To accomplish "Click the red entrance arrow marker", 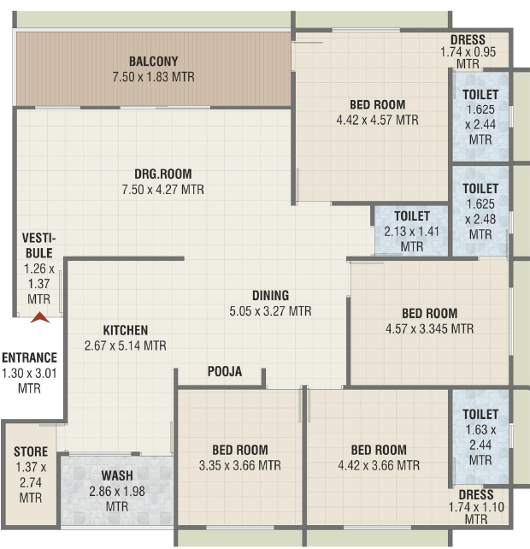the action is point(40,317).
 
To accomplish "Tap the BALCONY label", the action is point(153,62).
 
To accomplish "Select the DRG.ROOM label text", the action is point(163,174).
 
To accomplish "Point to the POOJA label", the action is point(225,371).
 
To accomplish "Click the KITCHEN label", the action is point(126,330).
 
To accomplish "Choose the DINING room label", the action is point(271,296).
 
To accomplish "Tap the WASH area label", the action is point(117,475).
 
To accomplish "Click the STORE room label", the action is point(31,452).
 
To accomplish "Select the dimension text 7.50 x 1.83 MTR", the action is point(153,77).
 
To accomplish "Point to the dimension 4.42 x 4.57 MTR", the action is point(377,120).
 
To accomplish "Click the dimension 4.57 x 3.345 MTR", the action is point(429,328).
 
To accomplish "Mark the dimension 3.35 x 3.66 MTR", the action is point(240,466).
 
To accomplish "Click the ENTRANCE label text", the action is point(29,357).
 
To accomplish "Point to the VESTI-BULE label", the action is point(38,245).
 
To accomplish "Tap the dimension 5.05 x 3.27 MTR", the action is point(270,311).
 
